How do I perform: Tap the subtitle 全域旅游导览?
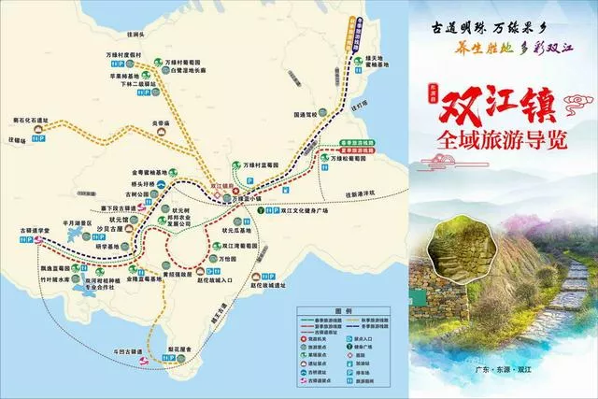click(x=496, y=144)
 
